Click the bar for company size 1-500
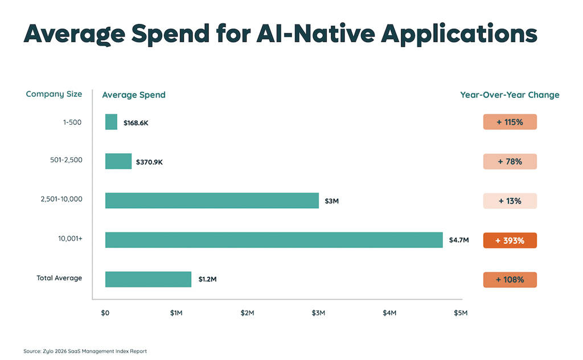pyautogui.click(x=111, y=122)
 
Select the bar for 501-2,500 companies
pyautogui.click(x=118, y=161)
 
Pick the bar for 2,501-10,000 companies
pyautogui.click(x=212, y=201)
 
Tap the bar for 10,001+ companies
pyautogui.click(x=274, y=240)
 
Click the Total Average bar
pyautogui.click(x=148, y=279)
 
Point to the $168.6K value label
pyautogui.click(x=136, y=122)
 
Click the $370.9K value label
pyautogui.click(x=149, y=162)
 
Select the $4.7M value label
pyautogui.click(x=458, y=240)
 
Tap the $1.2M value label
pyautogui.click(x=207, y=280)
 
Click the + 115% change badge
pyautogui.click(x=510, y=122)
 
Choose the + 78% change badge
pyautogui.click(x=510, y=161)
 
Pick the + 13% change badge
pyautogui.click(x=510, y=201)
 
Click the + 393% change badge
pyautogui.click(x=510, y=240)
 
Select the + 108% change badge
pyautogui.click(x=510, y=280)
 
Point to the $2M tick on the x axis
pyautogui.click(x=247, y=313)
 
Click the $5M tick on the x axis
pyautogui.click(x=460, y=313)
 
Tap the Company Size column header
pyautogui.click(x=54, y=94)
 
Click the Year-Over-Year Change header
pyautogui.click(x=510, y=95)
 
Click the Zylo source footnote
pyautogui.click(x=85, y=351)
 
